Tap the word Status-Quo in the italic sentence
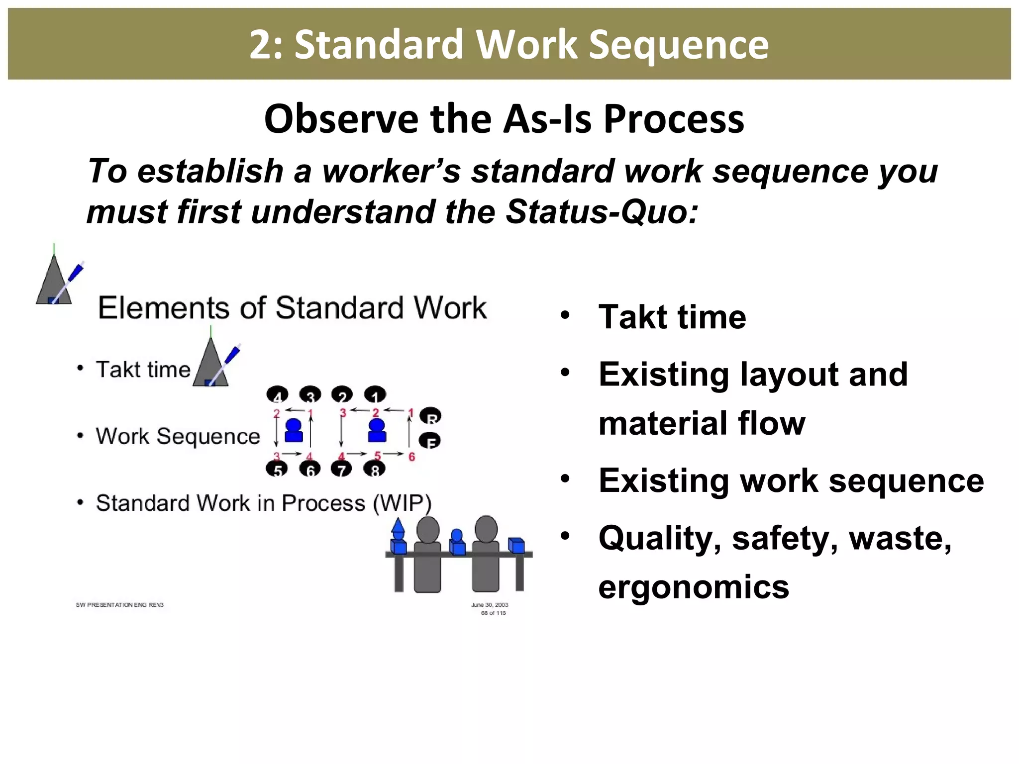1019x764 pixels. pyautogui.click(x=601, y=212)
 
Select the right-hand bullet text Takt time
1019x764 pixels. pyautogui.click(x=672, y=317)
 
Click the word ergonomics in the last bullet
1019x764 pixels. pyautogui.click(x=694, y=587)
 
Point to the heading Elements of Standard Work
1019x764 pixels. pyautogui.click(x=292, y=308)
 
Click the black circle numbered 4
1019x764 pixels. pyautogui.click(x=277, y=395)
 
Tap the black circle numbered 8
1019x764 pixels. pyautogui.click(x=375, y=469)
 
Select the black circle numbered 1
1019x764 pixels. pyautogui.click(x=375, y=395)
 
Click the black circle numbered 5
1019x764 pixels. pyautogui.click(x=277, y=469)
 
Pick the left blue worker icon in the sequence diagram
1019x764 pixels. pyautogui.click(x=294, y=430)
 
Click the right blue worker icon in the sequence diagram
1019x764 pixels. pyautogui.click(x=377, y=430)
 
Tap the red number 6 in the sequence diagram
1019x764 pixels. pyautogui.click(x=411, y=457)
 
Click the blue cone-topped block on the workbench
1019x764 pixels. pyautogui.click(x=398, y=537)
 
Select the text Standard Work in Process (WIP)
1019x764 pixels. pyautogui.click(x=263, y=503)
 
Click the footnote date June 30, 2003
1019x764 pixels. pyautogui.click(x=490, y=605)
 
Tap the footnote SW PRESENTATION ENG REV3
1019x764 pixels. pyautogui.click(x=119, y=605)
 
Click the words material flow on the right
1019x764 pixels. pyautogui.click(x=702, y=424)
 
